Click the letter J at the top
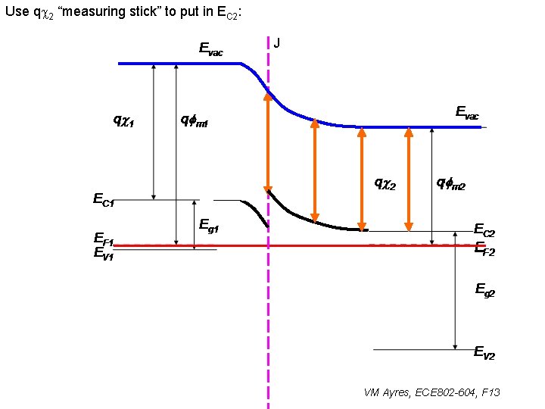click(x=277, y=43)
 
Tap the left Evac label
click(x=210, y=49)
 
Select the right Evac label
click(x=466, y=113)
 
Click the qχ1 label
click(x=123, y=120)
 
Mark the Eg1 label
click(x=209, y=224)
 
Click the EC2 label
click(x=484, y=229)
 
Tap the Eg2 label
click(x=485, y=289)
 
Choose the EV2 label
click(x=484, y=352)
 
